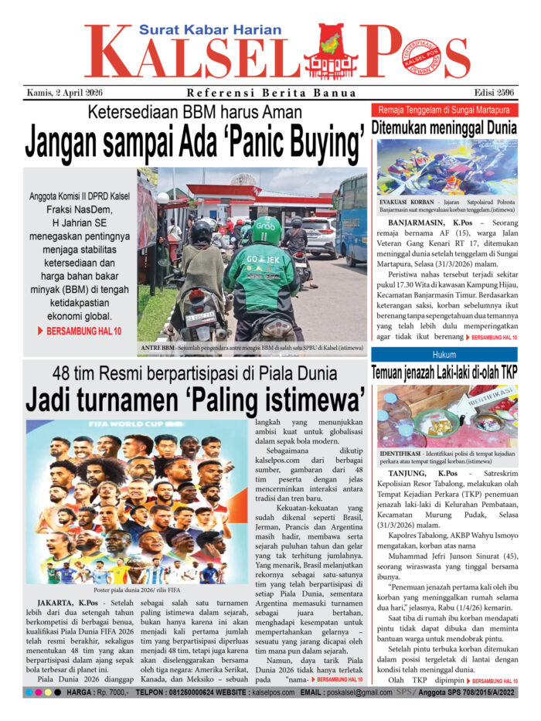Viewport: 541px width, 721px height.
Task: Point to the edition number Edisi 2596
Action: pos(492,94)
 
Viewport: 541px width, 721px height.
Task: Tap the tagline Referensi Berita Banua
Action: pos(271,94)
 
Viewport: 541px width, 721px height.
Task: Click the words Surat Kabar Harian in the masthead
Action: pos(210,30)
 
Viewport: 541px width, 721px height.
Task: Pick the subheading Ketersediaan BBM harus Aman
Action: pos(196,113)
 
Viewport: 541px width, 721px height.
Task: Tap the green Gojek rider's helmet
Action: pos(265,230)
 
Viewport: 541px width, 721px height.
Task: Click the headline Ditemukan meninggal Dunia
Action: pos(444,127)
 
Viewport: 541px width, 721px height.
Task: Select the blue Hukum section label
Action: pos(444,354)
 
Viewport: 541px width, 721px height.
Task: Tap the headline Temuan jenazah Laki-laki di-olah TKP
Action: pos(444,372)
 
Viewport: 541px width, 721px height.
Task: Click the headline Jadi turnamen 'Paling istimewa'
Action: pos(195,400)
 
